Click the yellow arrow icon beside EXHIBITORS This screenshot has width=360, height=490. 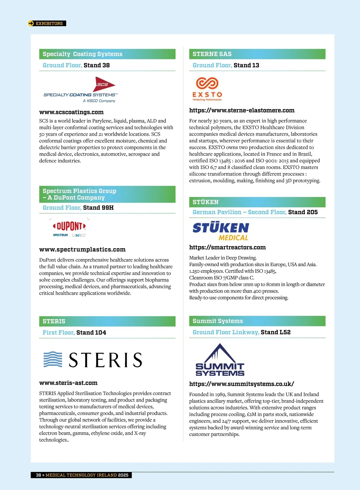pyautogui.click(x=31, y=23)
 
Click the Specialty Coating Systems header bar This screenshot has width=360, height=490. pyautogui.click(x=107, y=54)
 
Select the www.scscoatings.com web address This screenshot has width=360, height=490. pyautogui.click(x=71, y=112)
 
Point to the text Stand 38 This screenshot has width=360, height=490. pyautogui.click(x=97, y=65)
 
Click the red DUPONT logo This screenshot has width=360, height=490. pyautogui.click(x=69, y=226)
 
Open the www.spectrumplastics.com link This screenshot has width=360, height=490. pyautogui.click(x=82, y=249)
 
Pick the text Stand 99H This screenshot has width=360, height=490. pyautogui.click(x=98, y=208)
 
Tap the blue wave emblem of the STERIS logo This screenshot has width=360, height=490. pyautogui.click(x=53, y=359)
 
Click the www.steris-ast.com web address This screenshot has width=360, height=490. pyautogui.click(x=68, y=383)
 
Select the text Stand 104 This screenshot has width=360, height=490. pyautogui.click(x=91, y=333)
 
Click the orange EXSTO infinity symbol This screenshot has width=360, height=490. pyautogui.click(x=207, y=83)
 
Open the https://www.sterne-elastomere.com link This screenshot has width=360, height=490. pyautogui.click(x=241, y=110)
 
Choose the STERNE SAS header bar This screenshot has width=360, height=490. pyautogui.click(x=257, y=54)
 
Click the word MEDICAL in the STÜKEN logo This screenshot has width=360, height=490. pyautogui.click(x=233, y=238)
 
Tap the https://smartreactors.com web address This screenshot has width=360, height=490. pyautogui.click(x=227, y=247)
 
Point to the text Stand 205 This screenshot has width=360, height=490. pyautogui.click(x=303, y=212)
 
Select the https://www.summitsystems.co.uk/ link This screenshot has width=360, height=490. pyautogui.click(x=241, y=384)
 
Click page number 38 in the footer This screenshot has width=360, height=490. pyautogui.click(x=38, y=475)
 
